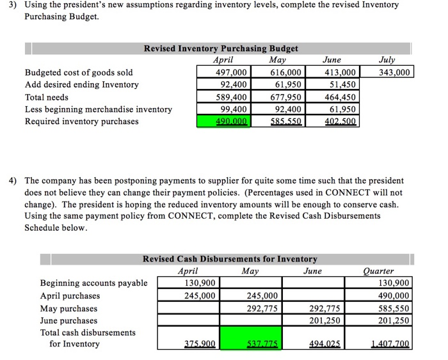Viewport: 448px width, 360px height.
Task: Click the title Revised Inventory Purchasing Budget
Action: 220,49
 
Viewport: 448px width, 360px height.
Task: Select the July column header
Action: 387,60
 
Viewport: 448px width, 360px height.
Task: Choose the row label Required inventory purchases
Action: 81,121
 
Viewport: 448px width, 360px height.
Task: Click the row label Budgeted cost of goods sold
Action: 79,72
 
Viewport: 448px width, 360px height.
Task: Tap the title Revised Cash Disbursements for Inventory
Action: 229,259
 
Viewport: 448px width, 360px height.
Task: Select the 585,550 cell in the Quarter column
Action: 392,308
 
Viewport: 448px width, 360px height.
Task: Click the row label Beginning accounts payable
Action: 93,283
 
